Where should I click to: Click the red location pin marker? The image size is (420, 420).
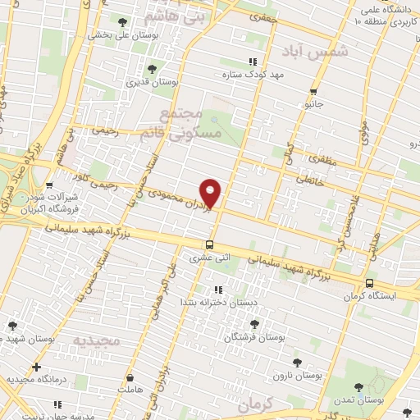[212, 192]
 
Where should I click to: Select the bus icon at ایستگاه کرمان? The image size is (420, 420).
[370, 283]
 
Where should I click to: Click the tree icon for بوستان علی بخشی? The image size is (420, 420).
[122, 22]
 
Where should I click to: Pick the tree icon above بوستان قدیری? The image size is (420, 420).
[151, 69]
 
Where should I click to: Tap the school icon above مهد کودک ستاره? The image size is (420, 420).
[253, 62]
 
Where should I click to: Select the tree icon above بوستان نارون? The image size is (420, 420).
[297, 362]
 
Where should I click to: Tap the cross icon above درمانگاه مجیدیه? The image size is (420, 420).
[35, 367]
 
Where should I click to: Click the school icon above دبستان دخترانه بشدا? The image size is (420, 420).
[219, 290]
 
